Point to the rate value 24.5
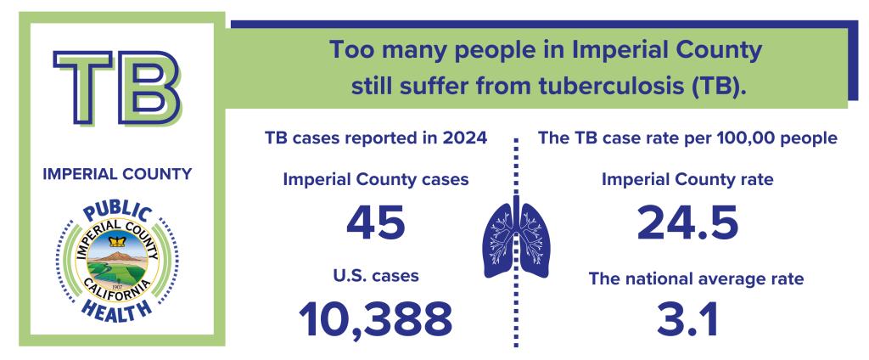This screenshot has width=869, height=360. [x=687, y=223]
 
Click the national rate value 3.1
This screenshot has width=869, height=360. [x=687, y=318]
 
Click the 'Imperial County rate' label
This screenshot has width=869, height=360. [x=687, y=180]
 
